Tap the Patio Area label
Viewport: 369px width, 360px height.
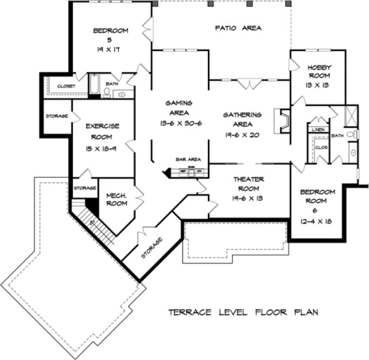[x=238, y=28]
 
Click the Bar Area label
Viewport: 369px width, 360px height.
[x=188, y=159]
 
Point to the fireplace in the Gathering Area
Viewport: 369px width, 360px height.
[x=282, y=120]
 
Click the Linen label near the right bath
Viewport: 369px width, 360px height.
[x=317, y=130]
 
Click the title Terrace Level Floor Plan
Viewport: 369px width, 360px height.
[x=243, y=312]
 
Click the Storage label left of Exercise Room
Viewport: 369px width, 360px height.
[x=56, y=116]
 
